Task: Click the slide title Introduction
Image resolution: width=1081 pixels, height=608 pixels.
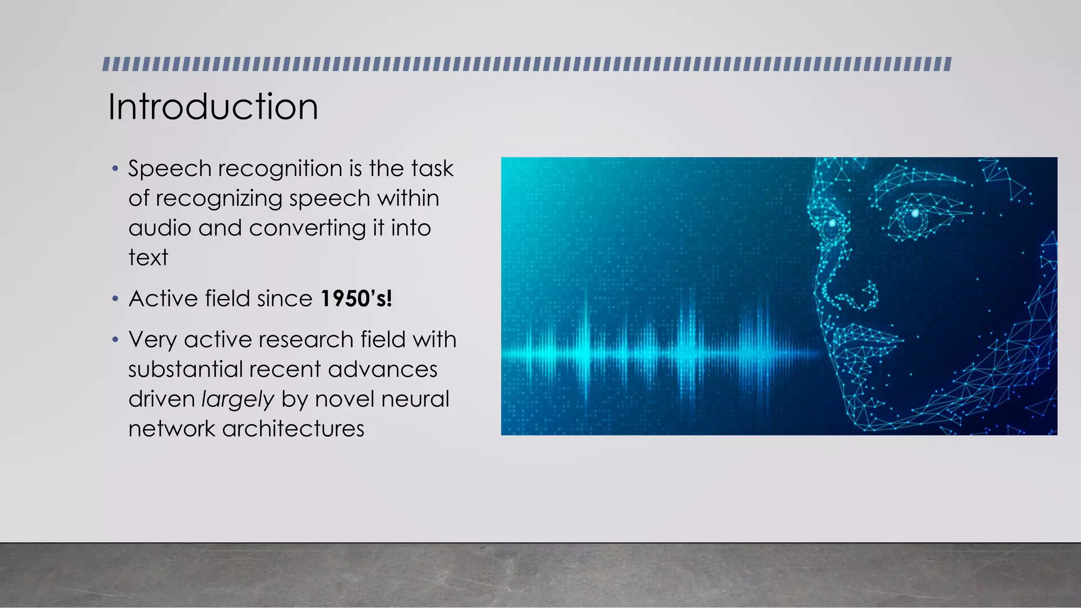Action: pos(213,107)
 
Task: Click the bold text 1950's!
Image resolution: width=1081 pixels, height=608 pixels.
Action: pos(356,299)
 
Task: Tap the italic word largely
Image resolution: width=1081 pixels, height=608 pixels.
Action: pos(238,400)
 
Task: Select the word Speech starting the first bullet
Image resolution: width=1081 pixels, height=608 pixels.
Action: pos(169,169)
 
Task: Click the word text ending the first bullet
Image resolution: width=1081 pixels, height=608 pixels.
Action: pos(148,258)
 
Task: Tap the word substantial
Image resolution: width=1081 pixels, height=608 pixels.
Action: pos(184,369)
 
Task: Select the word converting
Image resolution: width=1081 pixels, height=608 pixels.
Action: pos(307,228)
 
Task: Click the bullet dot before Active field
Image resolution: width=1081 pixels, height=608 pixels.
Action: pos(115,299)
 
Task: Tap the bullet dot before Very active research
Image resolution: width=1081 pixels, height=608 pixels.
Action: pos(115,340)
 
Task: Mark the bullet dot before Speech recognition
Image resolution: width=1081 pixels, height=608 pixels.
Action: pos(115,169)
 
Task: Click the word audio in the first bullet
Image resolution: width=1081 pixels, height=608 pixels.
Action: pos(159,228)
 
